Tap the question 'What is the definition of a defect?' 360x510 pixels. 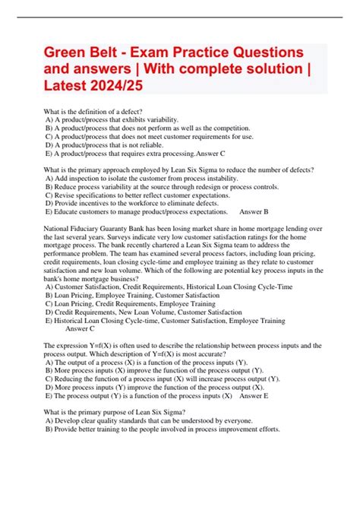[x=100, y=112]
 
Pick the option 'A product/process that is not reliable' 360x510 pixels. [x=106, y=145]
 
